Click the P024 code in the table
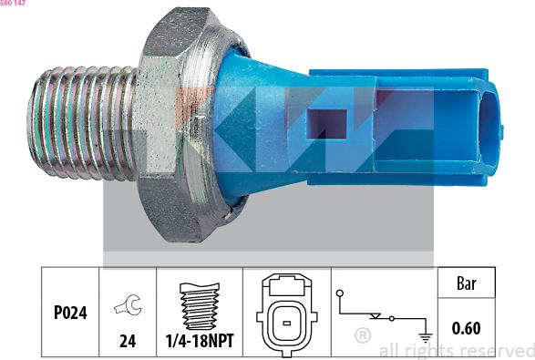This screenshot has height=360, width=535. point(70,313)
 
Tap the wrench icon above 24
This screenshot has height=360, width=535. point(129,304)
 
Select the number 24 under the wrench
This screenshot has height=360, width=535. point(128,341)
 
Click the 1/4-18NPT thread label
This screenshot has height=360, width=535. point(200,341)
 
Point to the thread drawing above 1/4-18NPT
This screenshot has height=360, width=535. point(200,306)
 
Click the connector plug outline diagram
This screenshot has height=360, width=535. point(287,314)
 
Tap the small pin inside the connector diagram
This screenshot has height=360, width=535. point(286,323)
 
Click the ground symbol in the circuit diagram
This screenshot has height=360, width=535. point(425,337)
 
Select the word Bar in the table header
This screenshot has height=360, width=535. point(466,283)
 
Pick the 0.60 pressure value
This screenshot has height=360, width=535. point(466,328)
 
